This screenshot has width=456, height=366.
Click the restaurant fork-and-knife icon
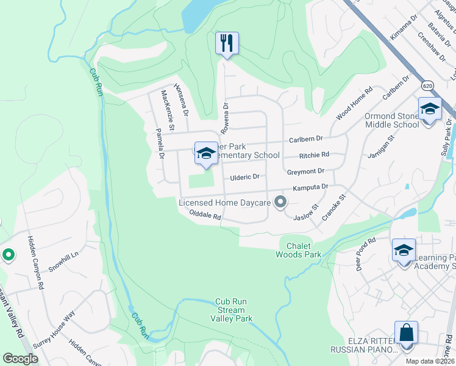[x=227, y=43]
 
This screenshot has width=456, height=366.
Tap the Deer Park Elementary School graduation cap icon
[x=206, y=152]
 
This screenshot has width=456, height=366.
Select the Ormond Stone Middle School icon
[x=430, y=109]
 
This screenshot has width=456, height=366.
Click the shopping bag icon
[x=406, y=333]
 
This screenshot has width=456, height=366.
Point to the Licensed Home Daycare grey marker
[x=280, y=202]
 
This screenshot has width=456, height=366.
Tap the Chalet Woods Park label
[x=298, y=250]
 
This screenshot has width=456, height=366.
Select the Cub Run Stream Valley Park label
[x=231, y=310]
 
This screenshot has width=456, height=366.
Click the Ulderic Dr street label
[x=244, y=177]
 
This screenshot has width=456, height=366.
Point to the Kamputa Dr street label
[x=310, y=188]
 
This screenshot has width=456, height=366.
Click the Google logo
[x=21, y=359]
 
